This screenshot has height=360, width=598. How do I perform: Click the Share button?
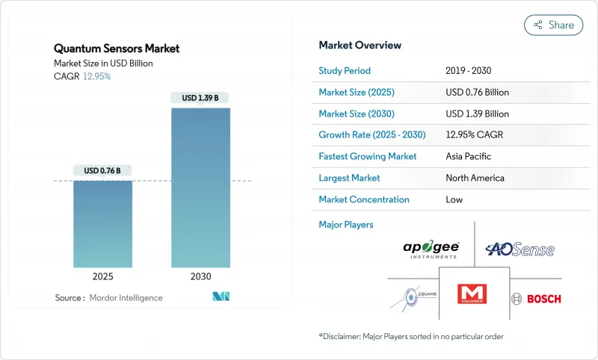pos(553,25)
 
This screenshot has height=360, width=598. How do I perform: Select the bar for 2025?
pos(103,223)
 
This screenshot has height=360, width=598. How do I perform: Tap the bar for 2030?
pos(200,187)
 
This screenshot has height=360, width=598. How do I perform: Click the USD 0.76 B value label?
pos(103,170)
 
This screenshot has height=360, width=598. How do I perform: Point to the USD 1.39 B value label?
pos(200,98)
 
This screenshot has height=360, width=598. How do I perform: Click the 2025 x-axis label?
pos(103,276)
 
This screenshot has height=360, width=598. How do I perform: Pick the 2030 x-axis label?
pos(200,276)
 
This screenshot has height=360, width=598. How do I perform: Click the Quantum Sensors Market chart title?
pos(117,49)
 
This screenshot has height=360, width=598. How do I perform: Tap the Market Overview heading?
pos(360,46)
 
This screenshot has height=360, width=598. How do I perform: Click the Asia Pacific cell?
pos(469,157)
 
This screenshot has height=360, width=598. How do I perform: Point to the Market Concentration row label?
pos(363,199)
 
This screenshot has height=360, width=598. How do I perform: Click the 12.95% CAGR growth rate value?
pos(478,135)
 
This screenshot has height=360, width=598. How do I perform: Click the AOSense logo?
pos(520,249)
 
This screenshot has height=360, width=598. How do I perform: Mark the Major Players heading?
pos(345,224)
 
